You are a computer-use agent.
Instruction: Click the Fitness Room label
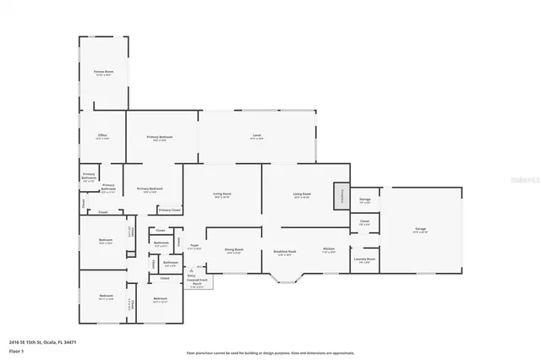103,74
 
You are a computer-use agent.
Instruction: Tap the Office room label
101,137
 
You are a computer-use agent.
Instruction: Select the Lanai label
256,137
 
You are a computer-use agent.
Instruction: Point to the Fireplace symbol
342,195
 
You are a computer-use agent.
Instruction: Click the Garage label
419,229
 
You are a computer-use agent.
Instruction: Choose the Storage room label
364,201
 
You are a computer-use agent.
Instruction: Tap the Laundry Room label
364,260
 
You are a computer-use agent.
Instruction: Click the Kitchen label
329,250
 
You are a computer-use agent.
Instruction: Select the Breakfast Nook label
285,252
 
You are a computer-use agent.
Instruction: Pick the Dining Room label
234,250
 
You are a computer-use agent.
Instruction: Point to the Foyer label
194,247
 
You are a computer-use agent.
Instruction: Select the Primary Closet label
169,210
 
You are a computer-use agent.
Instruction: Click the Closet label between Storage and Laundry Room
364,222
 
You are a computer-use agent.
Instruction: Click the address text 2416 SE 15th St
42,342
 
